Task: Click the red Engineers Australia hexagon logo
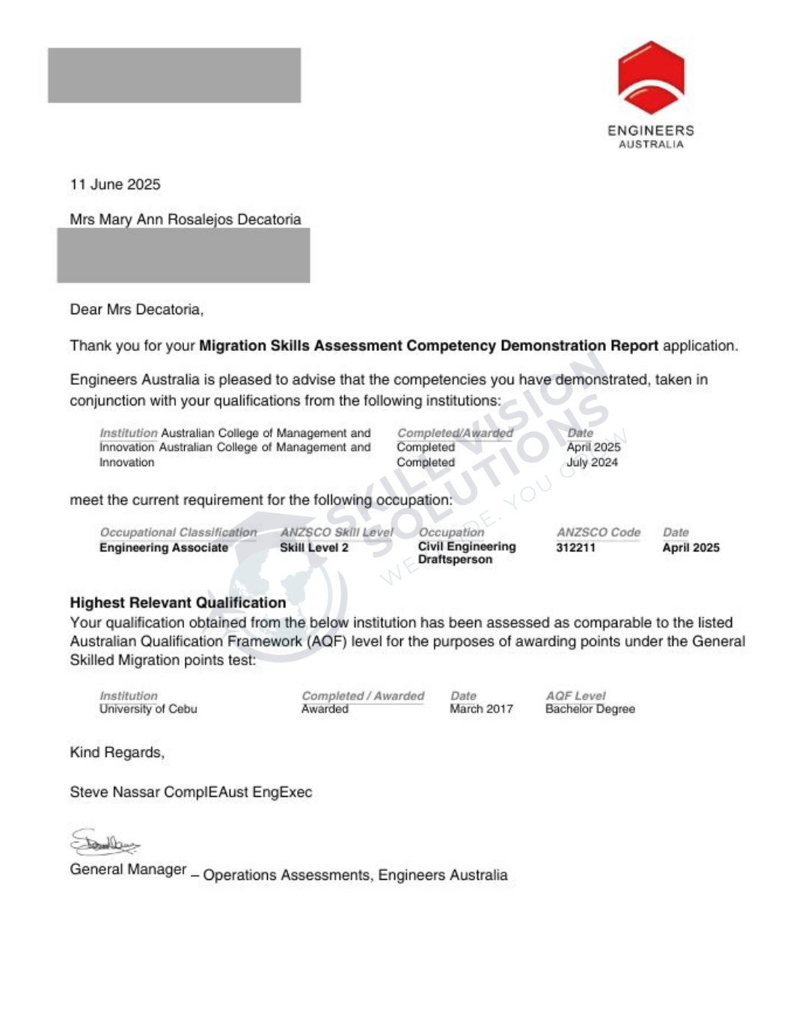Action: [x=651, y=79]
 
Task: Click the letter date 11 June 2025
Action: [x=115, y=185]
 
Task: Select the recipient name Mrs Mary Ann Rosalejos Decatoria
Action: [x=186, y=219]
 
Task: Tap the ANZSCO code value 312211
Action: [x=575, y=548]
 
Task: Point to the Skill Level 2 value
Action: [x=314, y=548]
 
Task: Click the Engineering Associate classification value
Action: [x=164, y=548]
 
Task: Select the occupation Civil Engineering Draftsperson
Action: [x=467, y=553]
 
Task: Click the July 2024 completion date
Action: [x=592, y=462]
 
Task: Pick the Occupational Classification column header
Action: [x=178, y=533]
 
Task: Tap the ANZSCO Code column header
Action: [x=599, y=533]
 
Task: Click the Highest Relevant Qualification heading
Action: [x=178, y=603]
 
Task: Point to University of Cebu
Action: [x=148, y=709]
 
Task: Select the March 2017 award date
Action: [x=481, y=709]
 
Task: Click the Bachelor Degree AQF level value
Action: [x=590, y=709]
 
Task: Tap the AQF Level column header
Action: [x=575, y=696]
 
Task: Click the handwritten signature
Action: [x=105, y=843]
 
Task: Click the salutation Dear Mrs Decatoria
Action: [x=137, y=310]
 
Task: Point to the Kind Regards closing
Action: [x=117, y=753]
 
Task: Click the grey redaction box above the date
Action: [x=174, y=76]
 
